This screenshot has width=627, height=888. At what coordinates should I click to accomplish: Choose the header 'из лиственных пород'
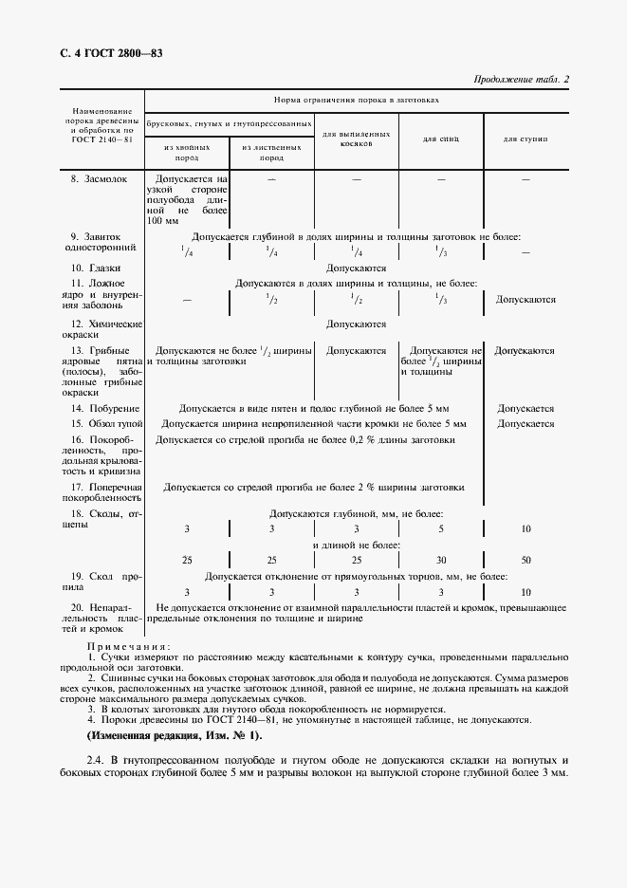pos(271,153)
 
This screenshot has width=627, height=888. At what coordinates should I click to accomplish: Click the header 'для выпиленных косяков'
pos(356,139)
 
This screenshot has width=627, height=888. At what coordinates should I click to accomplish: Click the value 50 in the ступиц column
pos(526,560)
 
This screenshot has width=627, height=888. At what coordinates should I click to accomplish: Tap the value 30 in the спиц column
pos(440,560)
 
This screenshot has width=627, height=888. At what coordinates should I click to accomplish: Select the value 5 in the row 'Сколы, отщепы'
pos(440,527)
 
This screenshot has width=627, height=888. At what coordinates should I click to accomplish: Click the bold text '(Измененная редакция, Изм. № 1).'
pos(175,735)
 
